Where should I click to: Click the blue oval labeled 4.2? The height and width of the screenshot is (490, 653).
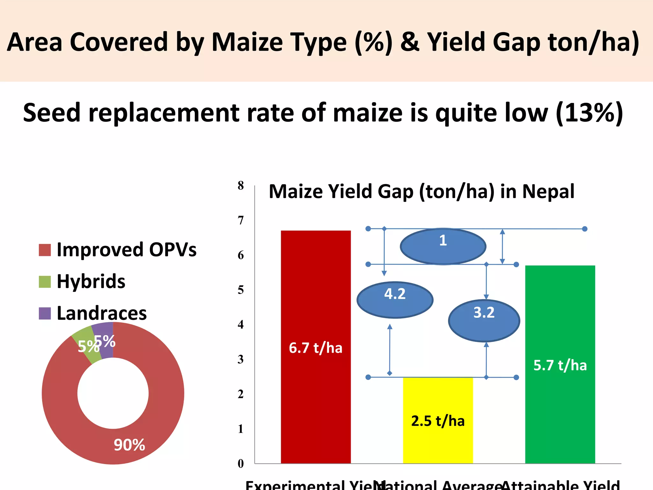(x=395, y=300)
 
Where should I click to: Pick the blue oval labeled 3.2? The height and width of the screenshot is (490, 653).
(x=484, y=321)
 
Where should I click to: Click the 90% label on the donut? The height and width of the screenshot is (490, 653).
(x=129, y=445)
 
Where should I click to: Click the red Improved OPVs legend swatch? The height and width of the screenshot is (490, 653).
(x=45, y=250)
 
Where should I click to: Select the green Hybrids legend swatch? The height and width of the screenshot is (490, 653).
(x=45, y=282)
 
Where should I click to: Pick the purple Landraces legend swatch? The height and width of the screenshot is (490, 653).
(x=45, y=313)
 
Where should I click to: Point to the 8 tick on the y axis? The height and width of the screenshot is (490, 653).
(x=241, y=185)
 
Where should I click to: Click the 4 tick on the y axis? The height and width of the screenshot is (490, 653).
(x=241, y=324)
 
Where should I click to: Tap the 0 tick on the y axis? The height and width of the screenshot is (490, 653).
(x=241, y=464)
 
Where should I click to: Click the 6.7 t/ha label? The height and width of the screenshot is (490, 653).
(x=315, y=348)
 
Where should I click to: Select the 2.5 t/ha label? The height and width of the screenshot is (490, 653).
(x=438, y=421)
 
